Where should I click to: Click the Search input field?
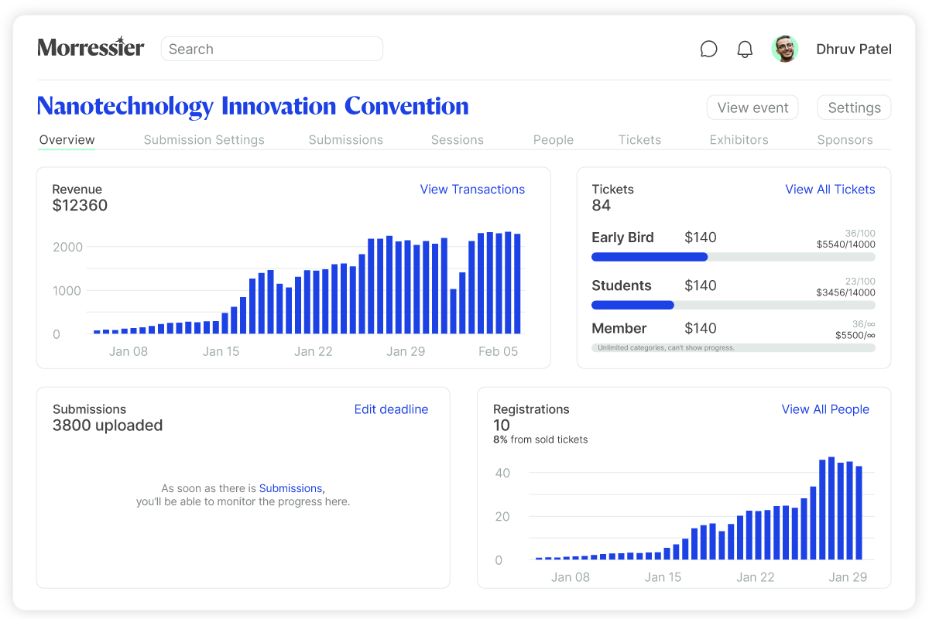[272, 49]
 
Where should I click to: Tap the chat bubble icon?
[708, 50]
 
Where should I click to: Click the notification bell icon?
[745, 50]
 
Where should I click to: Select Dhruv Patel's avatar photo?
[785, 49]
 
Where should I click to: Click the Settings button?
[854, 108]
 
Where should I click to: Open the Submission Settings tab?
[204, 140]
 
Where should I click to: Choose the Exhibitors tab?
[739, 140]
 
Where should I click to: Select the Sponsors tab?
[845, 140]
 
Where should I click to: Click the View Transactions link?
[472, 190]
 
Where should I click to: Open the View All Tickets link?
[830, 190]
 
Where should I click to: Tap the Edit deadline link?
[391, 409]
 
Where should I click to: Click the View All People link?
[825, 409]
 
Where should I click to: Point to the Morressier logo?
[91, 48]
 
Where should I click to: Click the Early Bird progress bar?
[733, 257]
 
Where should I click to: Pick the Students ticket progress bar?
[733, 305]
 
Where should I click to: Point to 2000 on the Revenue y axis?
[67, 247]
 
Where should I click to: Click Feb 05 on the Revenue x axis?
[498, 351]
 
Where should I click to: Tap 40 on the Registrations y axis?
[502, 473]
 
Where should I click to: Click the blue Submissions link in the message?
[290, 488]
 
